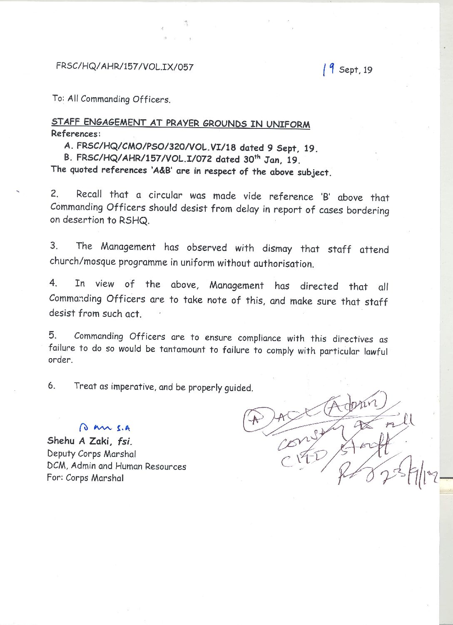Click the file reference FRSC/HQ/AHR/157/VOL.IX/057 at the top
coord(124,67)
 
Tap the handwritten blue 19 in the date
coord(329,69)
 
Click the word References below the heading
coord(75,134)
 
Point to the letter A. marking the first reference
coord(69,146)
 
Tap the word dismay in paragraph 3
coord(277,248)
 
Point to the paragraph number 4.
coord(53,283)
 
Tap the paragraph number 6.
coord(51,385)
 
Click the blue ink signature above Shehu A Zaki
coord(105,427)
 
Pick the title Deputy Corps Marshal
coord(92,454)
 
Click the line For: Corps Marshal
coord(85,478)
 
